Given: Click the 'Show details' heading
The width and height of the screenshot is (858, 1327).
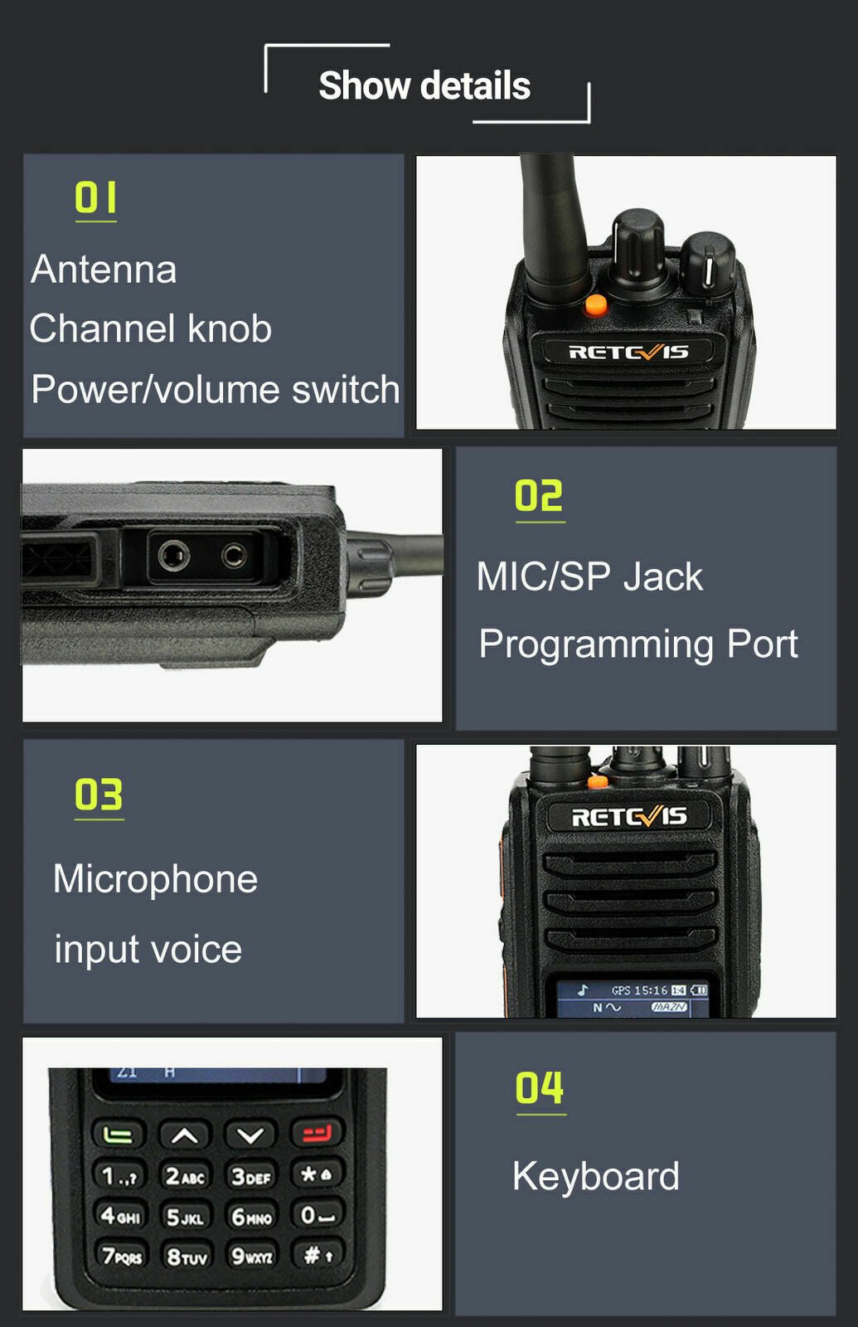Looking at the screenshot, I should pos(424,85).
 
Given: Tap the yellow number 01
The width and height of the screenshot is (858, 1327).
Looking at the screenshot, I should pos(95,198).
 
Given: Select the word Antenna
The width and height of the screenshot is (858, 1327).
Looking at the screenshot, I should pos(104,270).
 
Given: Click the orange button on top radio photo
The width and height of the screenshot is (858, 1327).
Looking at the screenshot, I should pos(595,304).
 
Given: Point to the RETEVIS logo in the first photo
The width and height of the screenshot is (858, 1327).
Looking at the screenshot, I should pos(628,352).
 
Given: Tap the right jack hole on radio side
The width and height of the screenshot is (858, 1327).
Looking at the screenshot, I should pos(234,554).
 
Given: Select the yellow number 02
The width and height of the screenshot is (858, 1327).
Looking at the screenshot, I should pos(539,496).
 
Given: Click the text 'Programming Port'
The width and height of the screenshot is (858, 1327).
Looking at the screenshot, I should pos(637,644).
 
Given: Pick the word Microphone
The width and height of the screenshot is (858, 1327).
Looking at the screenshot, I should pos(155,879).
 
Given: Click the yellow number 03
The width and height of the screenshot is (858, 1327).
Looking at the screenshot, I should pos(99,795).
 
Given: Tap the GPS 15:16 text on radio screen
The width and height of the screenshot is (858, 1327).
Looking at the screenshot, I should pos(639,990).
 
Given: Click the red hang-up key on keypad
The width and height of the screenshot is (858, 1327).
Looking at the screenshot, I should pos(316,1133).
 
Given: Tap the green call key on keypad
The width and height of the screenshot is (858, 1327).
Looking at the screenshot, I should pos(118,1134).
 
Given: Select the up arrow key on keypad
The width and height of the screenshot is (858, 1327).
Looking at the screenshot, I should pos(184,1135).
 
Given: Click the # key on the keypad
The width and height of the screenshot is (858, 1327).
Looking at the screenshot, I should pos(317,1255).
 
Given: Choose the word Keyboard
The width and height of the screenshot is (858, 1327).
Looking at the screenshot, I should pos(595,1176).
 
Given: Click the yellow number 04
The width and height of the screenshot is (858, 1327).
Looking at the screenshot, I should pos(539,1088).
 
